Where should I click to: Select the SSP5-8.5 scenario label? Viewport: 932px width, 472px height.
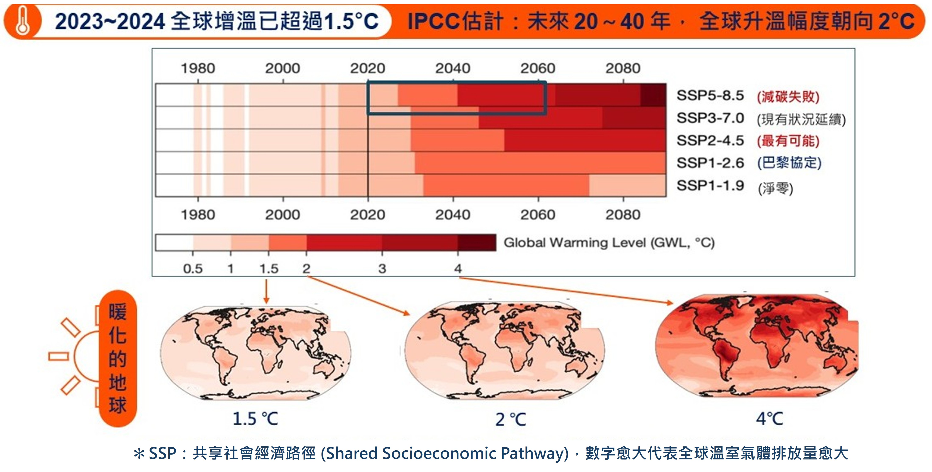point(710,96)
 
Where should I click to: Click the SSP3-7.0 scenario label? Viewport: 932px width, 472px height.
point(710,118)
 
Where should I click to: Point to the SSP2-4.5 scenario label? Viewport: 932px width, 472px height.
point(710,141)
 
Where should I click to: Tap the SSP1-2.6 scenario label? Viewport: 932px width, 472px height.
point(710,163)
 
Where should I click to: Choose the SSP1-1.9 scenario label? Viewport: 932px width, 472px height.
point(710,186)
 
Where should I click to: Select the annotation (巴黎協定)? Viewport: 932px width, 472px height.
point(789,163)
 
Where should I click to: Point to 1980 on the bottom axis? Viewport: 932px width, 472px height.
point(198,215)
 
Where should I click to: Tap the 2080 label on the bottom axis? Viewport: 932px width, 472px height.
point(623,215)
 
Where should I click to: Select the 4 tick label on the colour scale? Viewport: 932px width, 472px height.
point(458,269)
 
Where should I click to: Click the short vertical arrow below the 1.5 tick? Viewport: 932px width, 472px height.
point(266,292)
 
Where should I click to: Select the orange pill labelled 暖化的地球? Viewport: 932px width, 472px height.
point(118,358)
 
